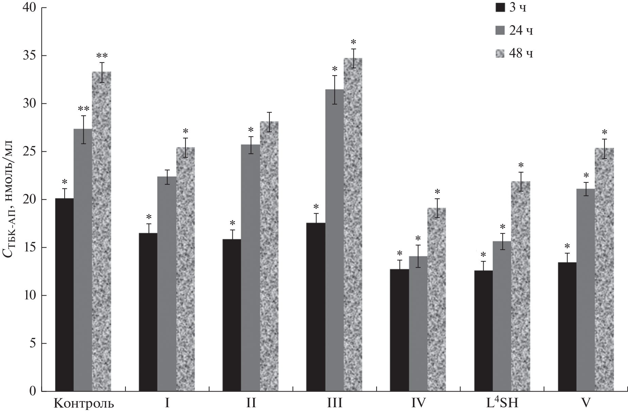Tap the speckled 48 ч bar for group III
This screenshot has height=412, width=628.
click(353, 225)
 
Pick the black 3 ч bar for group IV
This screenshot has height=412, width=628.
click(399, 330)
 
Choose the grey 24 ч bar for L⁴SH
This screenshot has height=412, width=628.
click(502, 316)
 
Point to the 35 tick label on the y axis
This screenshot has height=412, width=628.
click(30, 56)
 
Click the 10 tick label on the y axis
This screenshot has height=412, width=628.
click(30, 296)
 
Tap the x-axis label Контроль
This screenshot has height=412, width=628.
click(84, 403)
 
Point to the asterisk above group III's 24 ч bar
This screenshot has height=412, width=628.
click(335, 68)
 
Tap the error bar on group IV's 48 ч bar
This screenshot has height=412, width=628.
click(436, 208)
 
